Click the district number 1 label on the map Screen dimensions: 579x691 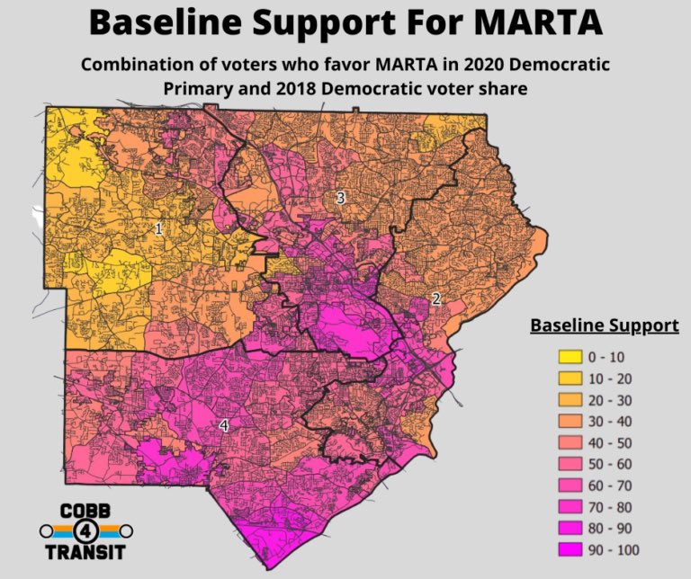point(158,229)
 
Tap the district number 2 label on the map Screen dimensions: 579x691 point(435,299)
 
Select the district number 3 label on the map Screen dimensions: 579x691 point(340,198)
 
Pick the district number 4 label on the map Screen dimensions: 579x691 point(224,424)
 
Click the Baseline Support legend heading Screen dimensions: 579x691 point(604,325)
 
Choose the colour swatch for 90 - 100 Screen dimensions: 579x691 point(565,549)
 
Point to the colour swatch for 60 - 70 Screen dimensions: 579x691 point(565,485)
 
